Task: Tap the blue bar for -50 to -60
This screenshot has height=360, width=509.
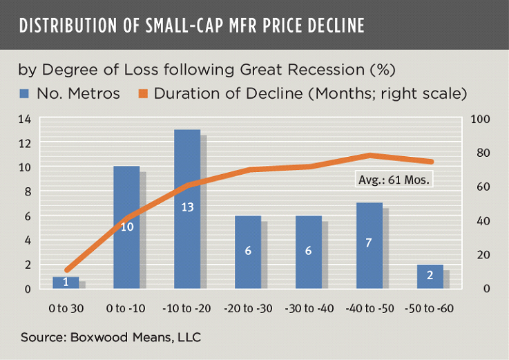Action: click(430, 276)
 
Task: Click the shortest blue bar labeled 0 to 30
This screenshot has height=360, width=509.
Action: click(66, 283)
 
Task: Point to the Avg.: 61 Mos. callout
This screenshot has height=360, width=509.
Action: click(394, 180)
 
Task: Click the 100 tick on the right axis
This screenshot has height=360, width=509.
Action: click(479, 120)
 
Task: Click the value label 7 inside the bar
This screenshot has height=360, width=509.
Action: click(369, 243)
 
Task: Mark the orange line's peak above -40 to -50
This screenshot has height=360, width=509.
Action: click(369, 155)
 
